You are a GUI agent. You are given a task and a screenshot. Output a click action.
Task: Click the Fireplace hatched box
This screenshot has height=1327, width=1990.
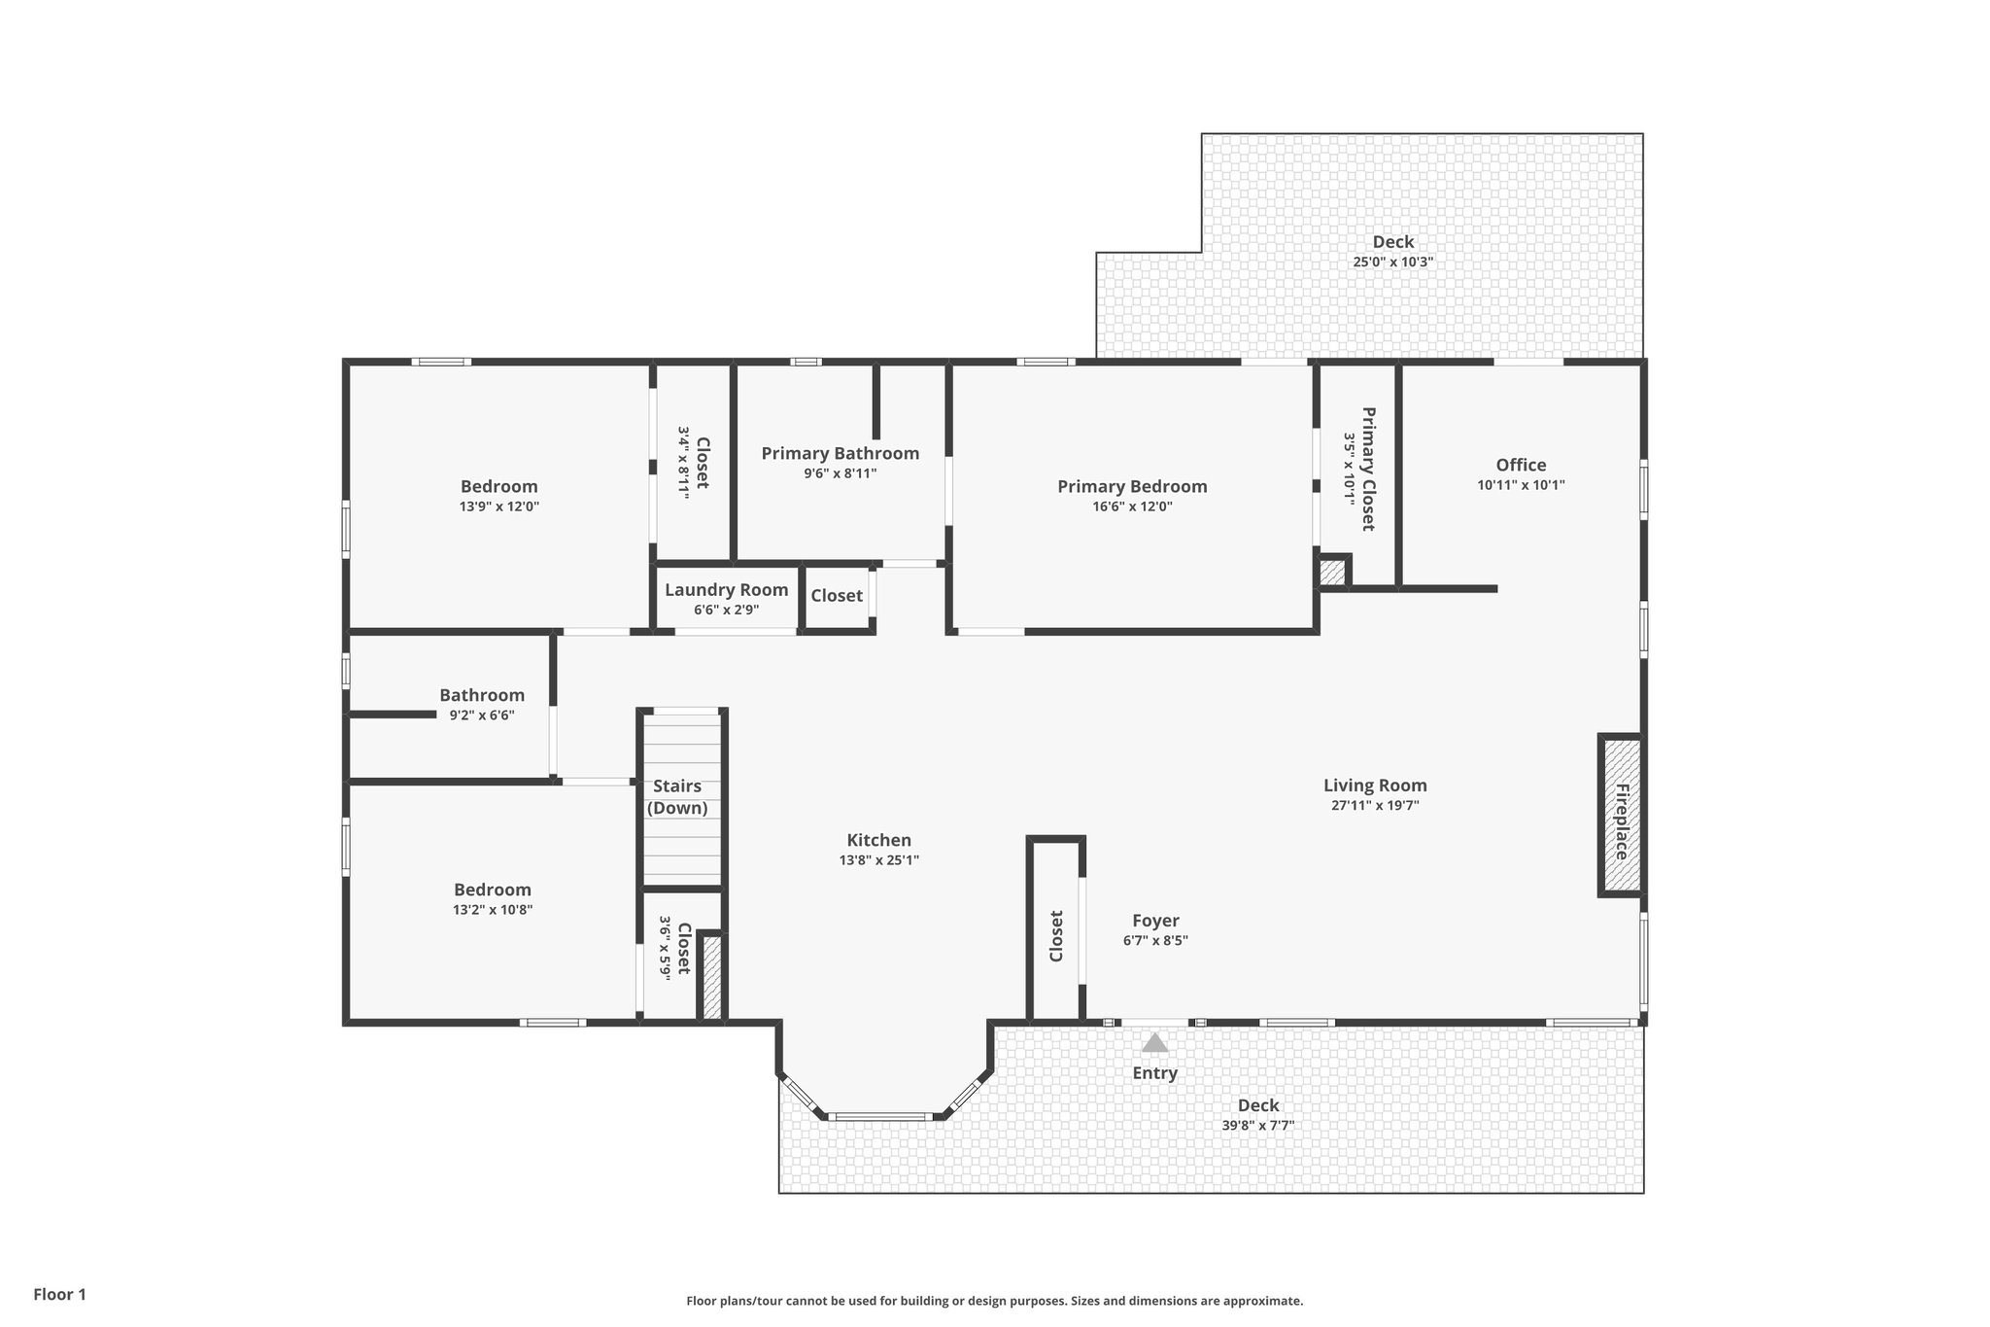[x=1621, y=816]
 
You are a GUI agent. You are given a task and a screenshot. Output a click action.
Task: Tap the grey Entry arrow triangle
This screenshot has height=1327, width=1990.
[x=1154, y=1043]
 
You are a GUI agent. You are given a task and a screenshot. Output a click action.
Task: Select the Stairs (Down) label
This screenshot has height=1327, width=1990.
[x=677, y=797]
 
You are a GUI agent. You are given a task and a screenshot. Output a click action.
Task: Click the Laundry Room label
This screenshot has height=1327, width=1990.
[x=726, y=590]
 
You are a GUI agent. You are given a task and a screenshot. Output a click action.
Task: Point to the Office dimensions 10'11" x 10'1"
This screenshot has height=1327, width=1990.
[x=1521, y=485]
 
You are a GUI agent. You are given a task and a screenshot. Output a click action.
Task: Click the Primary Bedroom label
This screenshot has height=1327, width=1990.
[x=1132, y=486]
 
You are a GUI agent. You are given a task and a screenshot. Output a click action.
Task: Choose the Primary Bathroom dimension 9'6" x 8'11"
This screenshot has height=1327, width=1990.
[x=840, y=473]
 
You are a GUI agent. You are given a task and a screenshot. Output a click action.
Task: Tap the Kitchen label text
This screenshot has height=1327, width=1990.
[x=878, y=840]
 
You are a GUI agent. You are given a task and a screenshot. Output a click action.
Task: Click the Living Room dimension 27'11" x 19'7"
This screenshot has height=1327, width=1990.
[x=1375, y=805]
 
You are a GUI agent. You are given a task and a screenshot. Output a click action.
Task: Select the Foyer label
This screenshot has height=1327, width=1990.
[x=1155, y=921]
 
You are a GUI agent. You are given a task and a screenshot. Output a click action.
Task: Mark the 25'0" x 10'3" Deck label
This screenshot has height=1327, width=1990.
[x=1392, y=242]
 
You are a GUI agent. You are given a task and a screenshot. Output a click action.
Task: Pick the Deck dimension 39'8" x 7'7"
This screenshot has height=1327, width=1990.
[x=1257, y=1126]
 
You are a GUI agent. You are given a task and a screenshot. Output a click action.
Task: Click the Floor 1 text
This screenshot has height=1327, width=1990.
[x=59, y=1294]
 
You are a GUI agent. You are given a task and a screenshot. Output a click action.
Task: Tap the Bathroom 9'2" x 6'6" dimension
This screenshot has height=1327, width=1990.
[x=481, y=716]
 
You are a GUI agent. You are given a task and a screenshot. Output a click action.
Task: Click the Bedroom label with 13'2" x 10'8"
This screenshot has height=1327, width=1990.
[x=493, y=890]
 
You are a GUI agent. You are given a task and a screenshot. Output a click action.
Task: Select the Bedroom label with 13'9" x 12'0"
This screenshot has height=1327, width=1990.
[x=498, y=486]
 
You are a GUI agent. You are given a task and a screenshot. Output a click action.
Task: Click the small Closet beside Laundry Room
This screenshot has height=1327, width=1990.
[x=836, y=596]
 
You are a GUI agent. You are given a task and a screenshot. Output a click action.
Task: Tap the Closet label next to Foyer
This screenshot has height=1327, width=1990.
[x=1056, y=936]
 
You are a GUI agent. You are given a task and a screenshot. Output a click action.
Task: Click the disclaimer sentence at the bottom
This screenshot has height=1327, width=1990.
[x=994, y=1301]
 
